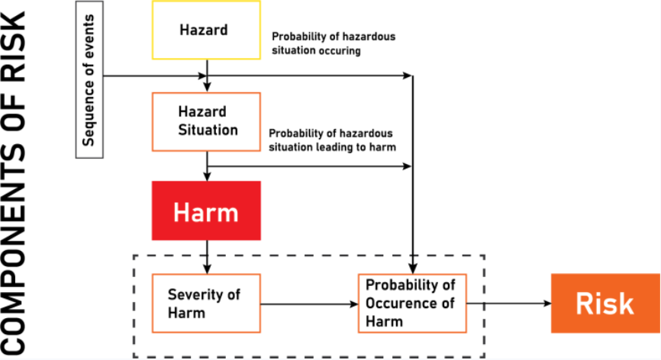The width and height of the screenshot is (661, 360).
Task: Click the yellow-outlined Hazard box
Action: pos(207,30)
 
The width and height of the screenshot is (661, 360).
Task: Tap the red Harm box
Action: pos(207,211)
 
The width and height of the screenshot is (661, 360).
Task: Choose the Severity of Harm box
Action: pos(206,303)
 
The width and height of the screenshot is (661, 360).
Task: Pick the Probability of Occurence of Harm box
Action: pos(412,303)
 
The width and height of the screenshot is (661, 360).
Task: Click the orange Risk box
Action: pos(605,303)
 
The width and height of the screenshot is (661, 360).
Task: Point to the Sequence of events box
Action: pos(89,79)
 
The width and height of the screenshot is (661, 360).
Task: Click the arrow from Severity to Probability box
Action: pos(308,303)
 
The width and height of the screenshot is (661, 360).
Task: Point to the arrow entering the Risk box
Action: pos(510,303)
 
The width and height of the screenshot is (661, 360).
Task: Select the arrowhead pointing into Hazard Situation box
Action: pos(207,88)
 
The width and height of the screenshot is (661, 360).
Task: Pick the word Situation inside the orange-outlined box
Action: pos(207,129)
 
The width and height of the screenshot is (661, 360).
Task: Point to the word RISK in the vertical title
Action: pos(17,46)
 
